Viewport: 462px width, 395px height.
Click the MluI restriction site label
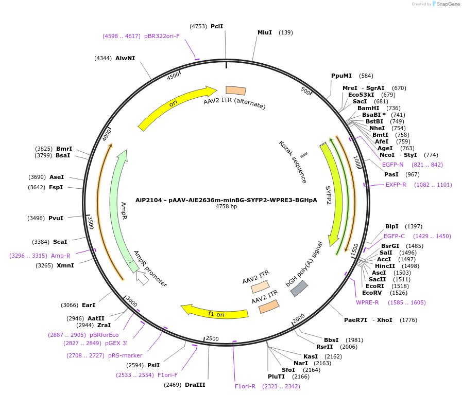(x=265, y=32)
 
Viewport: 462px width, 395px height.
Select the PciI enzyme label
(x=217, y=26)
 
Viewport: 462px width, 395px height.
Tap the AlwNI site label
(x=125, y=58)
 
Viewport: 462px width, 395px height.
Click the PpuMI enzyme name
(x=341, y=76)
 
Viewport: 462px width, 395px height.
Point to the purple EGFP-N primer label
(x=393, y=165)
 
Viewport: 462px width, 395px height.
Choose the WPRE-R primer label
(x=367, y=302)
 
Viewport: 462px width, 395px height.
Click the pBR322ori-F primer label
(x=162, y=36)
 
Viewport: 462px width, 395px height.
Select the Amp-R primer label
(x=60, y=256)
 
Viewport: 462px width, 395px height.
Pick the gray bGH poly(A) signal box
(x=299, y=289)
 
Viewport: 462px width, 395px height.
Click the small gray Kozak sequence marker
(x=304, y=155)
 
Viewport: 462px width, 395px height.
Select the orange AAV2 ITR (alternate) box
(x=236, y=90)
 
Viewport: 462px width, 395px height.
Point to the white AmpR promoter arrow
(x=143, y=278)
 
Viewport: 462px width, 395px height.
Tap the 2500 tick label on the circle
(x=212, y=339)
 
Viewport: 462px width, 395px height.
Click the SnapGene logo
(x=446, y=4)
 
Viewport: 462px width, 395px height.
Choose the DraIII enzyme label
(x=195, y=385)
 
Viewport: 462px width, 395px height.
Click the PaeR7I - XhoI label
(x=368, y=320)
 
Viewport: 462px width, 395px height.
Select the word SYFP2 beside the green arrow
(x=329, y=195)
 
